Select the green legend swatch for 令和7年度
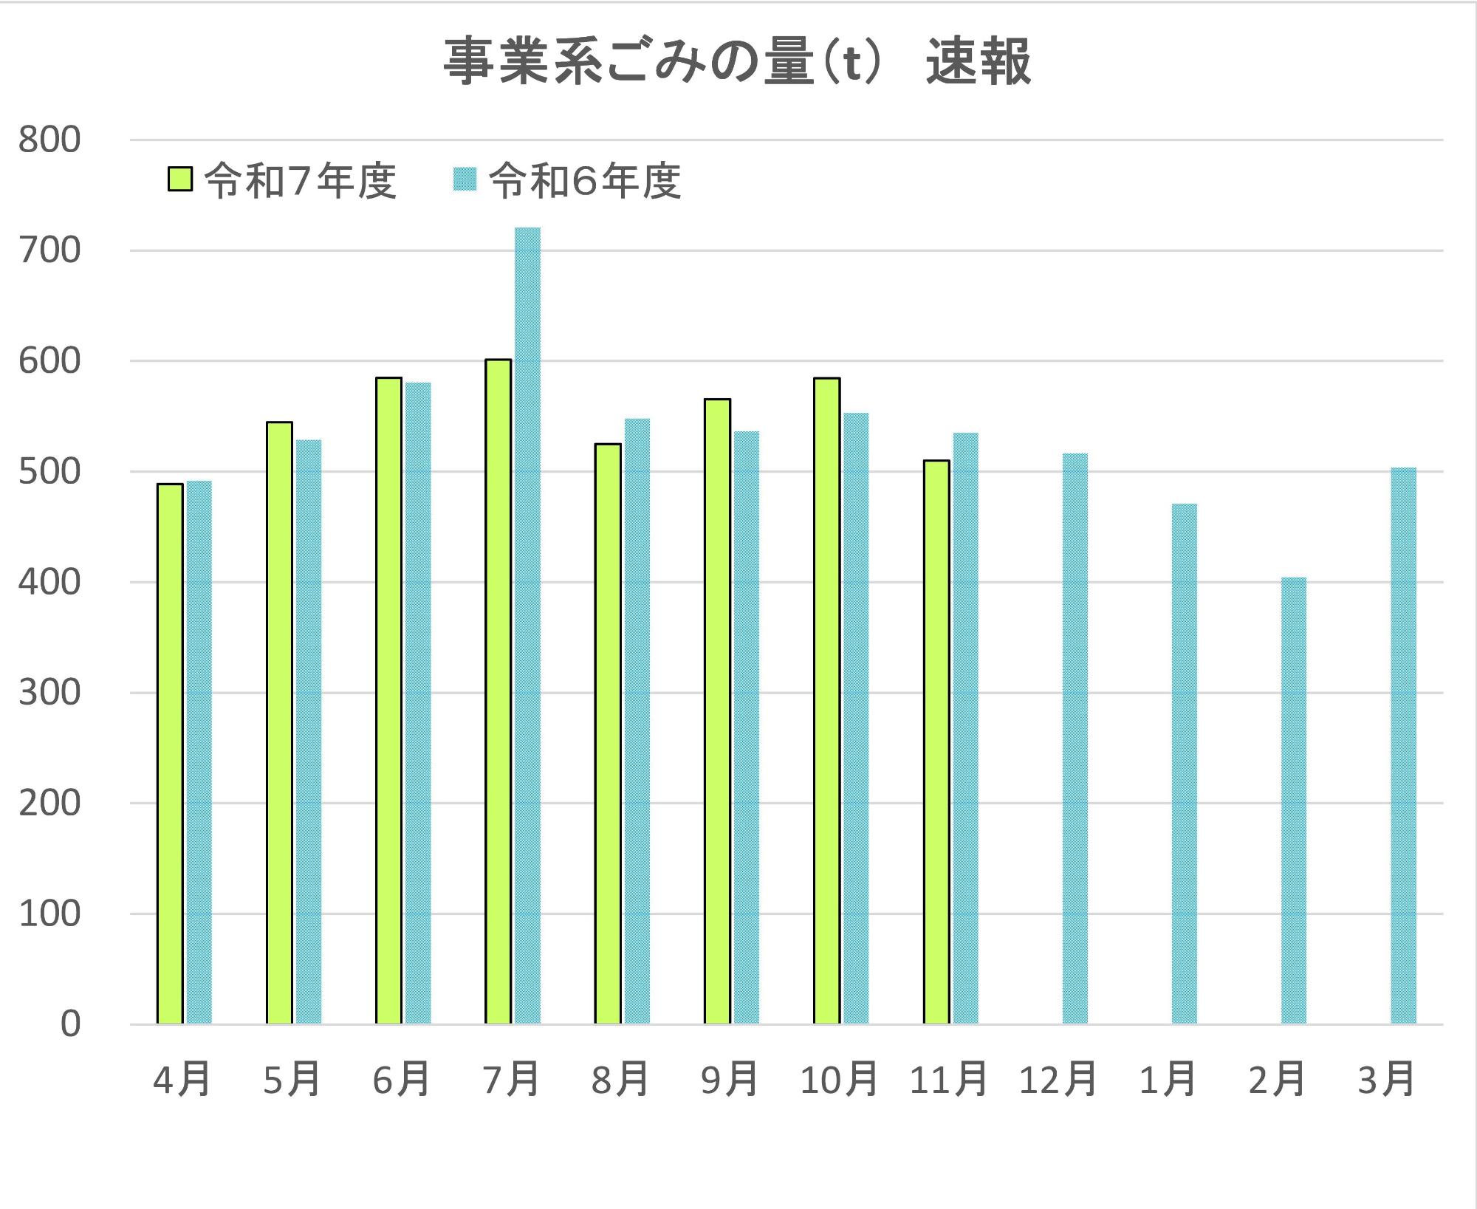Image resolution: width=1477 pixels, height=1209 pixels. (179, 179)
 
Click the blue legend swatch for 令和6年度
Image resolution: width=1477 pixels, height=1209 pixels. (465, 179)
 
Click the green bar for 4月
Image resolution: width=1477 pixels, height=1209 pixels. (170, 753)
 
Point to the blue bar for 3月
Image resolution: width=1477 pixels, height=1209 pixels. (1403, 745)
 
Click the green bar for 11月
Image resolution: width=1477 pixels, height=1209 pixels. (936, 742)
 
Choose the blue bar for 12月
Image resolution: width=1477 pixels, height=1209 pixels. (1075, 739)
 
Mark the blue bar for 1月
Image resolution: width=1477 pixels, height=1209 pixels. (1184, 764)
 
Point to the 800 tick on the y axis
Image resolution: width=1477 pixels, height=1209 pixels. (49, 140)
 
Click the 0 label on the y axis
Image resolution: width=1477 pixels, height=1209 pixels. (70, 1024)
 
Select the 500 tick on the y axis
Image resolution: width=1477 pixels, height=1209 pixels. (49, 472)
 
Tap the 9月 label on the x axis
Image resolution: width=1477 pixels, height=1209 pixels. (729, 1080)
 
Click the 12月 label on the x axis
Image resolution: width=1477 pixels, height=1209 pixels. (1058, 1080)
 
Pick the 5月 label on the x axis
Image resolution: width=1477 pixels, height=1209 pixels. (292, 1080)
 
